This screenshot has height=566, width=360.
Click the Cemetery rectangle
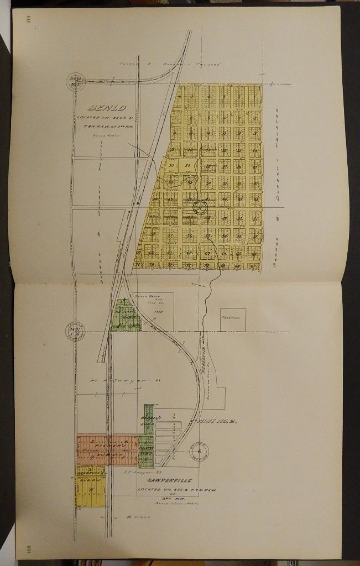tap(233, 320)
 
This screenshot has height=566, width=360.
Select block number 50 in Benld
tap(171, 165)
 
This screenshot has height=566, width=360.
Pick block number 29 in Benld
tap(187, 165)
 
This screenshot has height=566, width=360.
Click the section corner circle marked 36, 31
tap(74, 331)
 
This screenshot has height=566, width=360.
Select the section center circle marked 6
tap(199, 451)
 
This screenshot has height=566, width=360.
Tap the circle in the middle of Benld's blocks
tap(199, 208)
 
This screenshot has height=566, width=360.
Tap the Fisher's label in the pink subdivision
tap(108, 444)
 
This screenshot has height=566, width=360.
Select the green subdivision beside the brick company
tap(126, 317)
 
